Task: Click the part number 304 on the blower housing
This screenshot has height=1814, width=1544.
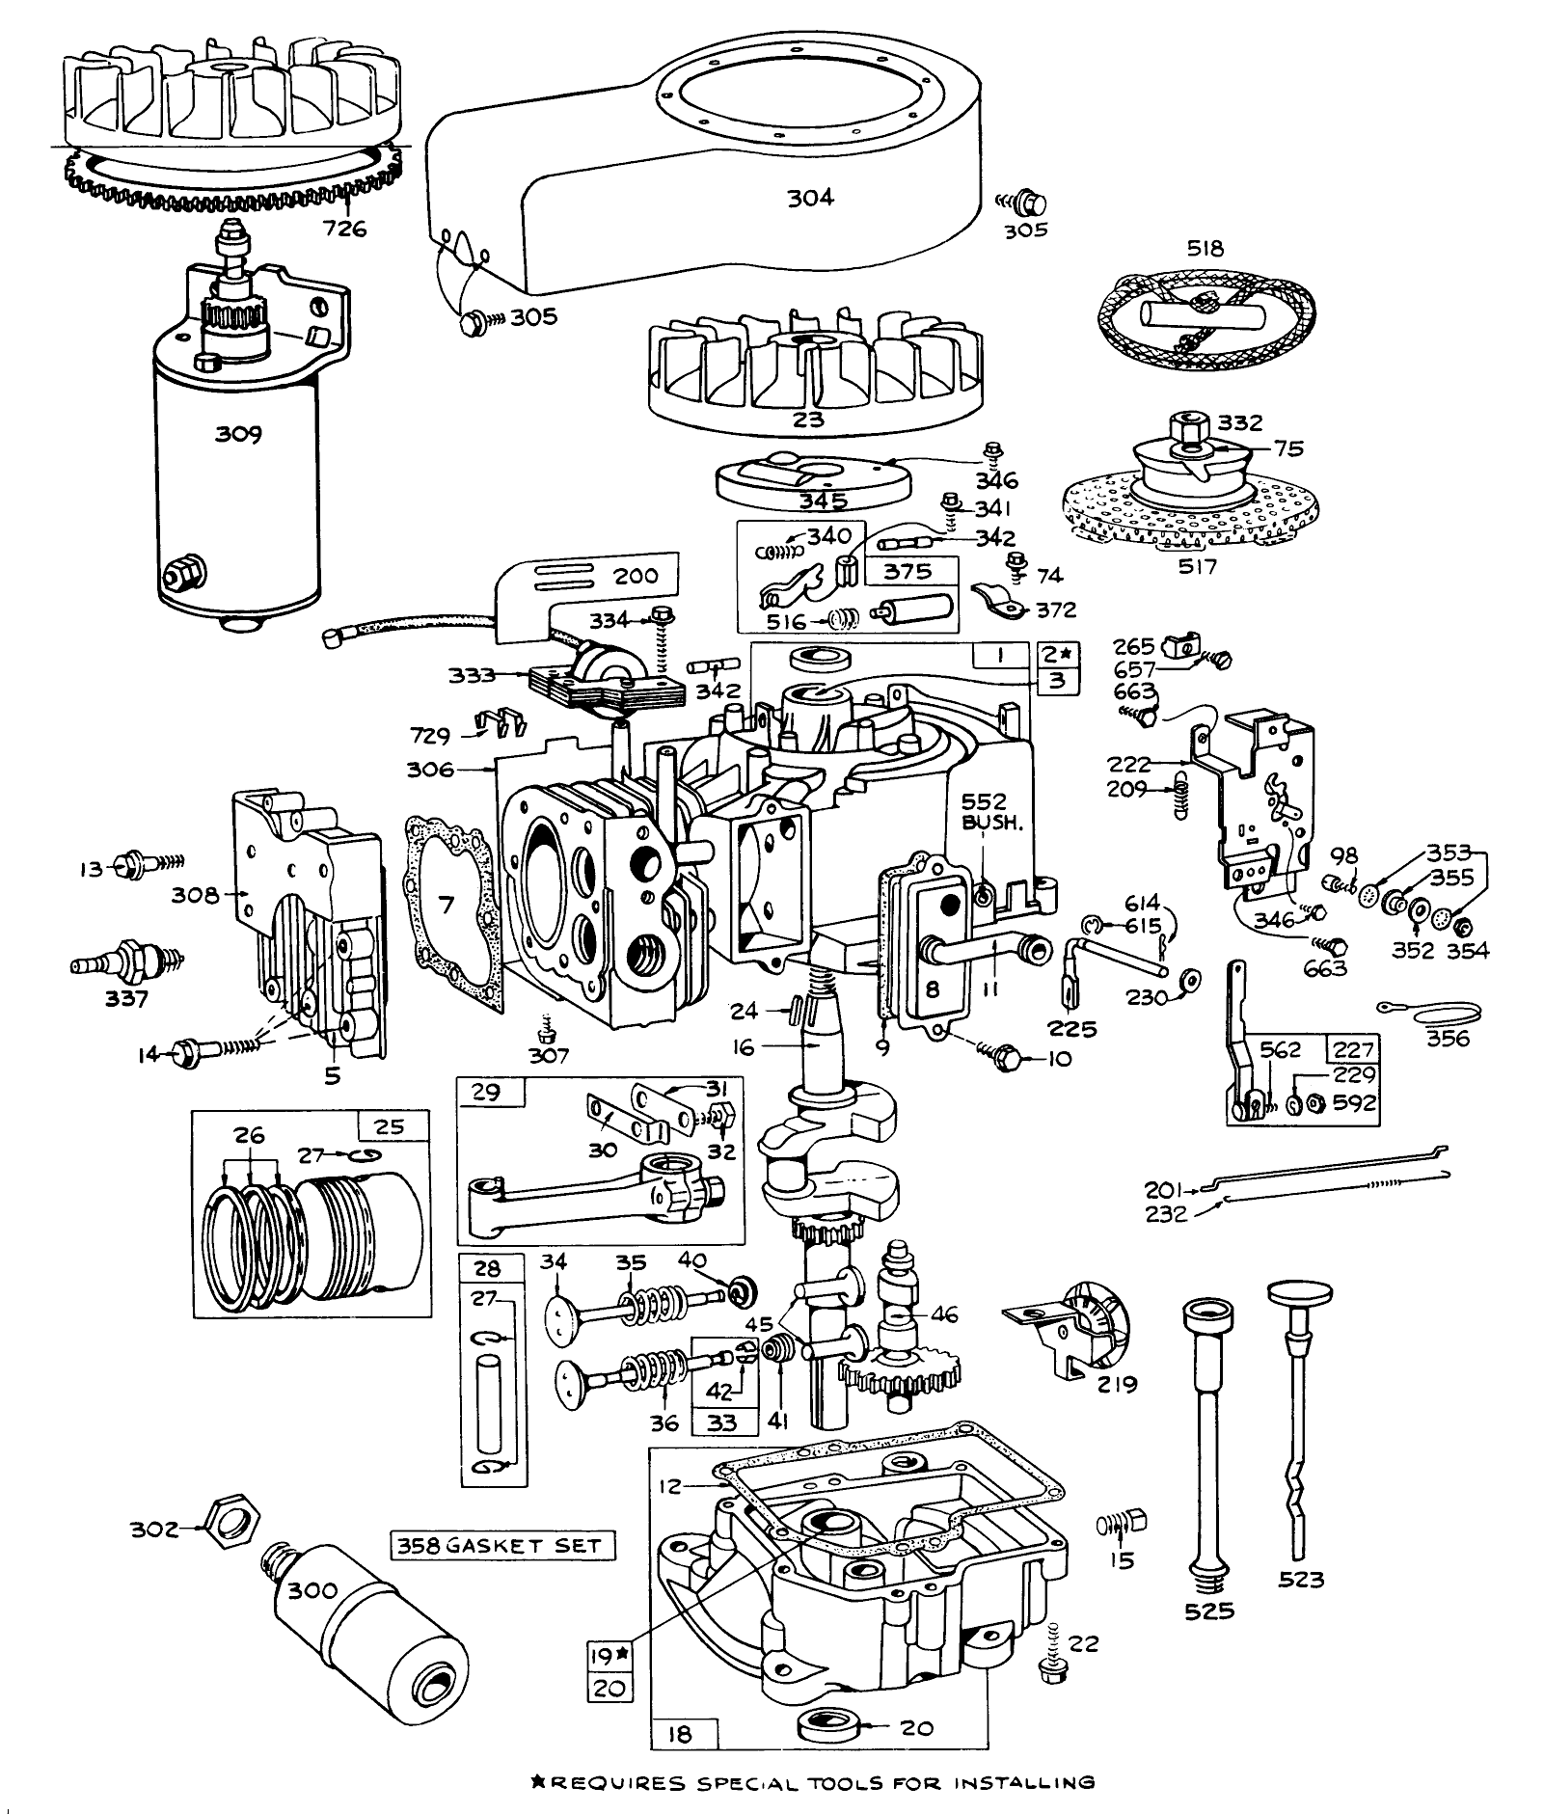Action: point(810,198)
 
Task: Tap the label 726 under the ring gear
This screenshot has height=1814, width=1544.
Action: point(346,230)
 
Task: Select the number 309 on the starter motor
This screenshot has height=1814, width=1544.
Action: point(238,434)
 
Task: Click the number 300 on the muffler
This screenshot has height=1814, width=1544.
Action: point(313,1589)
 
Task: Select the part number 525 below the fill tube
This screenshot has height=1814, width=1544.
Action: point(1209,1611)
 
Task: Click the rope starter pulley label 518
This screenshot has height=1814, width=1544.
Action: point(1205,249)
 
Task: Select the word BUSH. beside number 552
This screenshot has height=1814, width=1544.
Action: point(984,826)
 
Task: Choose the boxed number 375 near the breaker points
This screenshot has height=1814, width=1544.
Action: point(908,571)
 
